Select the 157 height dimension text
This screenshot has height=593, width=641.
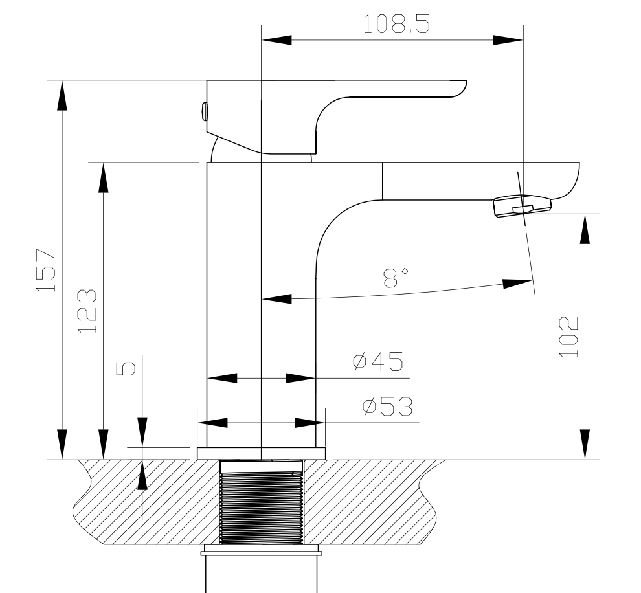(49, 269)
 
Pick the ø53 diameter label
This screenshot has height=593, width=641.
(387, 407)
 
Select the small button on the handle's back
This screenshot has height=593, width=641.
(204, 111)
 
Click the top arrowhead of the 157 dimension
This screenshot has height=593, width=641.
(62, 95)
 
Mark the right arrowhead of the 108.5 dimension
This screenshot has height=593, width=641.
(509, 40)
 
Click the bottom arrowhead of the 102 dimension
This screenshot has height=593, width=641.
(585, 444)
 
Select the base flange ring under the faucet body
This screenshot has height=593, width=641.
(262, 453)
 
